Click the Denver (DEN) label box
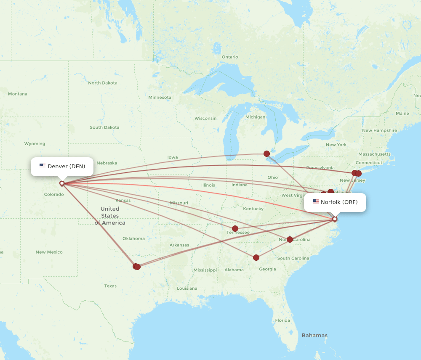click(62, 167)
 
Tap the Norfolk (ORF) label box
click(335, 202)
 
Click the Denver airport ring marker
click(62, 183)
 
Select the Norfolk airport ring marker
click(335, 219)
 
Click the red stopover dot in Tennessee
click(235, 229)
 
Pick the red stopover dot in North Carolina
click(290, 239)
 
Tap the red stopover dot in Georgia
click(256, 257)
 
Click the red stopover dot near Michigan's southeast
click(266, 154)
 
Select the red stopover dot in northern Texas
click(136, 266)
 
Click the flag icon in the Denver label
click(43, 166)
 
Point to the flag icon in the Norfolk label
click(315, 202)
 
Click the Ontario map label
click(230, 57)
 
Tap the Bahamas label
click(314, 335)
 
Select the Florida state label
click(282, 320)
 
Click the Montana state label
click(17, 94)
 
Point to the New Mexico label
click(49, 252)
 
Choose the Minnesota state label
click(160, 97)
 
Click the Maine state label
click(402, 113)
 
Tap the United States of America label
click(110, 216)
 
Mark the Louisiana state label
click(187, 288)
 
